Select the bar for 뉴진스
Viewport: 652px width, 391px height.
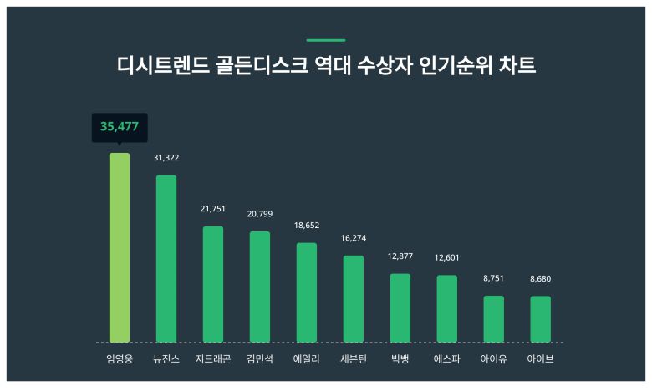pos(166,258)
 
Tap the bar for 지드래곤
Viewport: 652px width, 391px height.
pos(213,284)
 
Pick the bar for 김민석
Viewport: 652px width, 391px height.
pos(260,287)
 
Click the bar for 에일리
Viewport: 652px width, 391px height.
pos(307,292)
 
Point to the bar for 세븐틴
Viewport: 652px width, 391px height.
pos(354,298)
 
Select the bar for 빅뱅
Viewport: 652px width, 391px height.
pos(400,307)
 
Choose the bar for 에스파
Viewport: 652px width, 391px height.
pos(447,308)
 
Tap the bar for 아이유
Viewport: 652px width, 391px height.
pos(494,318)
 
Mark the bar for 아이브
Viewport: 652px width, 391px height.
pos(541,318)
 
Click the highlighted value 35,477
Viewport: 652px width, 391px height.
pos(120,127)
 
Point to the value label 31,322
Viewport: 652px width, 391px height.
pos(166,158)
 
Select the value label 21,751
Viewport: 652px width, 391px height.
pos(213,209)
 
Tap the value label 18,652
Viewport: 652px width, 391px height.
pos(307,226)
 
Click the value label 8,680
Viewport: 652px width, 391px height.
pos(541,279)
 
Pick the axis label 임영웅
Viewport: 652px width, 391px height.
pos(120,359)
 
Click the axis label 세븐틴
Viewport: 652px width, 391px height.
pos(354,359)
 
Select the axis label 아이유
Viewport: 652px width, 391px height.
pos(494,359)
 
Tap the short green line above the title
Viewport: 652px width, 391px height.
pos(326,40)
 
